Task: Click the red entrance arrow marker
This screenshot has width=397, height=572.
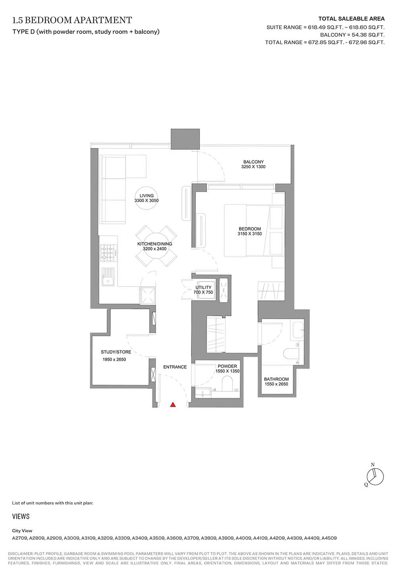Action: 173,404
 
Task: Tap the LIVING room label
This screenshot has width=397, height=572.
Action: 146,196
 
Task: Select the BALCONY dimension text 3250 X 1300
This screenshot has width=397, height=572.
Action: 253,167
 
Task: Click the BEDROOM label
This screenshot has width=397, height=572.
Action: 250,229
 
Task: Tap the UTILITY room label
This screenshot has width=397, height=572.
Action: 203,287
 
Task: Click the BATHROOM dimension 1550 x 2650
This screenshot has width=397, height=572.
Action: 276,384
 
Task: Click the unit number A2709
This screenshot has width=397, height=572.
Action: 20,538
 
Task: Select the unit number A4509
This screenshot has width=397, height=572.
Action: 329,538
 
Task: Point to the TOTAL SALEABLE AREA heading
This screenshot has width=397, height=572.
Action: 351,19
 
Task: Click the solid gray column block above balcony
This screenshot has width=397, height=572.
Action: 185,139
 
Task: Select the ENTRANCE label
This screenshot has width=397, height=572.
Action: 175,367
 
